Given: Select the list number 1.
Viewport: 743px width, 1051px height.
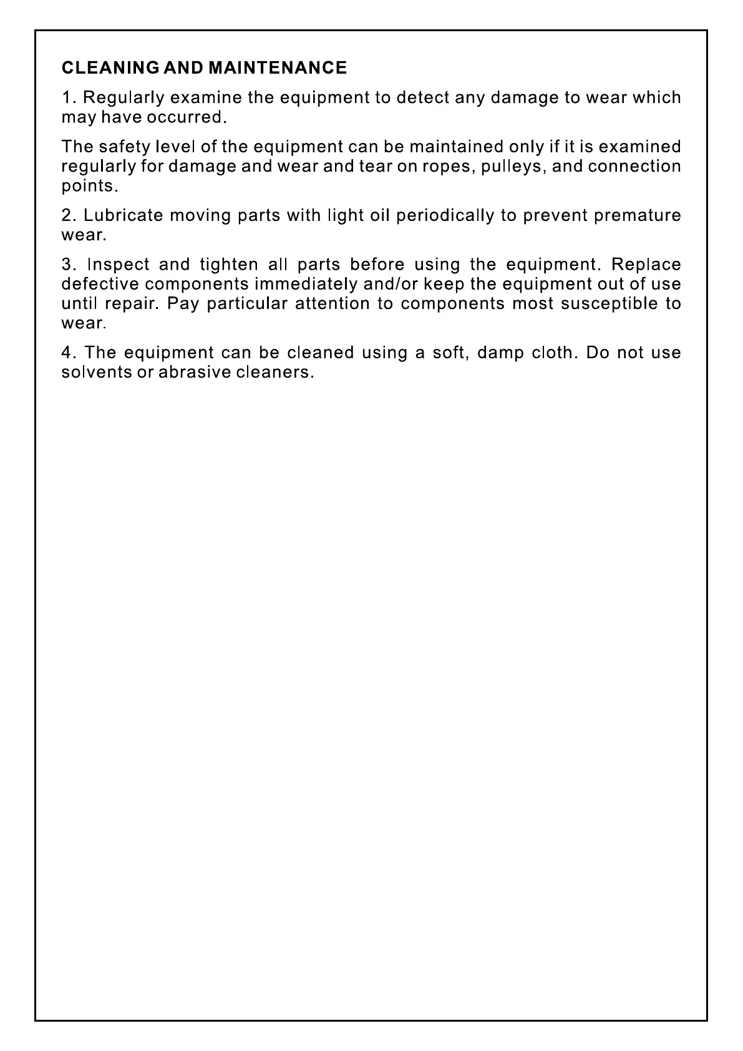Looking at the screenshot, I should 68,98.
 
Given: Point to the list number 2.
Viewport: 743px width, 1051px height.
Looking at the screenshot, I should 68,216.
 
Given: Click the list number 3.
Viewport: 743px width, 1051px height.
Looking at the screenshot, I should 68,265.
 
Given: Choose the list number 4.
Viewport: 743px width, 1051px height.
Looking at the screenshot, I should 68,353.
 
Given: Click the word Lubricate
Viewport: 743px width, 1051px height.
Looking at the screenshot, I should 122,216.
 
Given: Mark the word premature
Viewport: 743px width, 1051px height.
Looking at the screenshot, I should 637,216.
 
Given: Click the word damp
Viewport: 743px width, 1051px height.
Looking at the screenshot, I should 500,353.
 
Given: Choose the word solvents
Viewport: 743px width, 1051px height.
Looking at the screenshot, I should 91,373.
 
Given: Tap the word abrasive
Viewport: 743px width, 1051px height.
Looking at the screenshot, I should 193,373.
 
